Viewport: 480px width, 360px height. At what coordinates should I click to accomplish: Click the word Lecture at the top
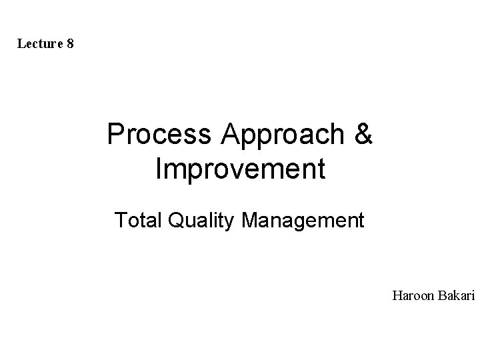[x=41, y=45]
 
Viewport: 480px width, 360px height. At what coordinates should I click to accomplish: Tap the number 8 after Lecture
[x=71, y=45]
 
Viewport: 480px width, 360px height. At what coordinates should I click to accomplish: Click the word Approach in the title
[x=275, y=136]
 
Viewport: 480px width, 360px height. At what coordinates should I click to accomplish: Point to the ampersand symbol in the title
[x=364, y=135]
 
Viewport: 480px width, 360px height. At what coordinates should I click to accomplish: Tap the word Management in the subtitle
[x=303, y=220]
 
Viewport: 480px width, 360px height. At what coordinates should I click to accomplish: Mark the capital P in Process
[x=116, y=135]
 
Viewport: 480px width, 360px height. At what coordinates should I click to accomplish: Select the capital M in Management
[x=250, y=219]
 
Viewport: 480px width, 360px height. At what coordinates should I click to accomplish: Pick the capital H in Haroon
[x=397, y=294]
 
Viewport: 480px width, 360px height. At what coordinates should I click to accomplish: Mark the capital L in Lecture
[x=21, y=45]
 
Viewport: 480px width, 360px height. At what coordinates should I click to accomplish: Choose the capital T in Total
[x=119, y=219]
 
